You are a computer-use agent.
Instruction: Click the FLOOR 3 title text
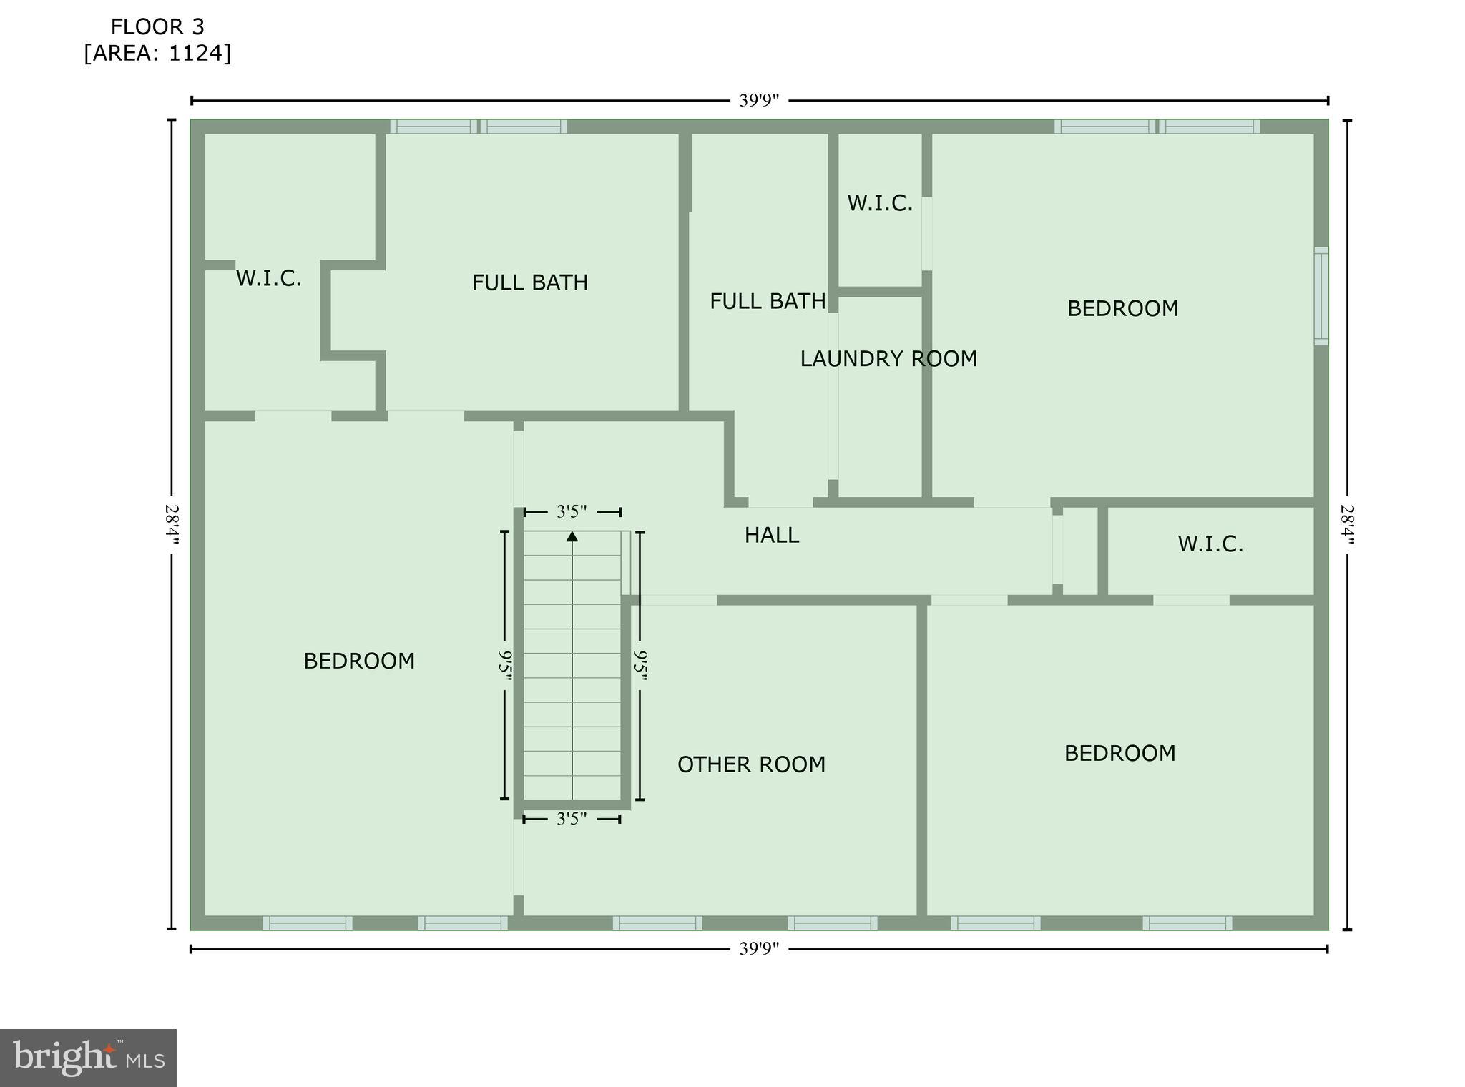tap(157, 27)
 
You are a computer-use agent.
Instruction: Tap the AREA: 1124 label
tap(157, 54)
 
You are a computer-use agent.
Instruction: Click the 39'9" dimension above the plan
tap(758, 101)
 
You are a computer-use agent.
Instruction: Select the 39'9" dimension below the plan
tap(758, 949)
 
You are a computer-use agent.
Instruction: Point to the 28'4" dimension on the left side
tap(172, 524)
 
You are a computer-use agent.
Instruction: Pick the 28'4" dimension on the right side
tap(1347, 524)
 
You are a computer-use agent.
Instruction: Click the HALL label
tap(771, 535)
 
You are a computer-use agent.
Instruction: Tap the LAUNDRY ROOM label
tap(888, 359)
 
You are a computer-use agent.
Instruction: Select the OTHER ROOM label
tap(751, 764)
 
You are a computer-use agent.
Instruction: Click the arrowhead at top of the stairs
tap(572, 536)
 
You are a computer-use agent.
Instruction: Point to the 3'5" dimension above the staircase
tap(572, 512)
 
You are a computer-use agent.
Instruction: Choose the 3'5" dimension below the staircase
tap(572, 819)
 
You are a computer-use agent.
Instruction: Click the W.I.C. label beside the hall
tap(1210, 544)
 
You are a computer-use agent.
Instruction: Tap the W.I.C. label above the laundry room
tap(880, 203)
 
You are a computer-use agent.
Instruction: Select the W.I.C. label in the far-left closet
tap(268, 278)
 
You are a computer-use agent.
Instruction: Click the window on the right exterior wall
tap(1321, 296)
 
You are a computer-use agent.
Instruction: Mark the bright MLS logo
tap(88, 1058)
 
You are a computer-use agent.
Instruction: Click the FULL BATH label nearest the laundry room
tap(768, 301)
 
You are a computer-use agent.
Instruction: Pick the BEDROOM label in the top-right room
tap(1122, 308)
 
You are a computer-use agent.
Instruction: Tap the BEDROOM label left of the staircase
tap(359, 661)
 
